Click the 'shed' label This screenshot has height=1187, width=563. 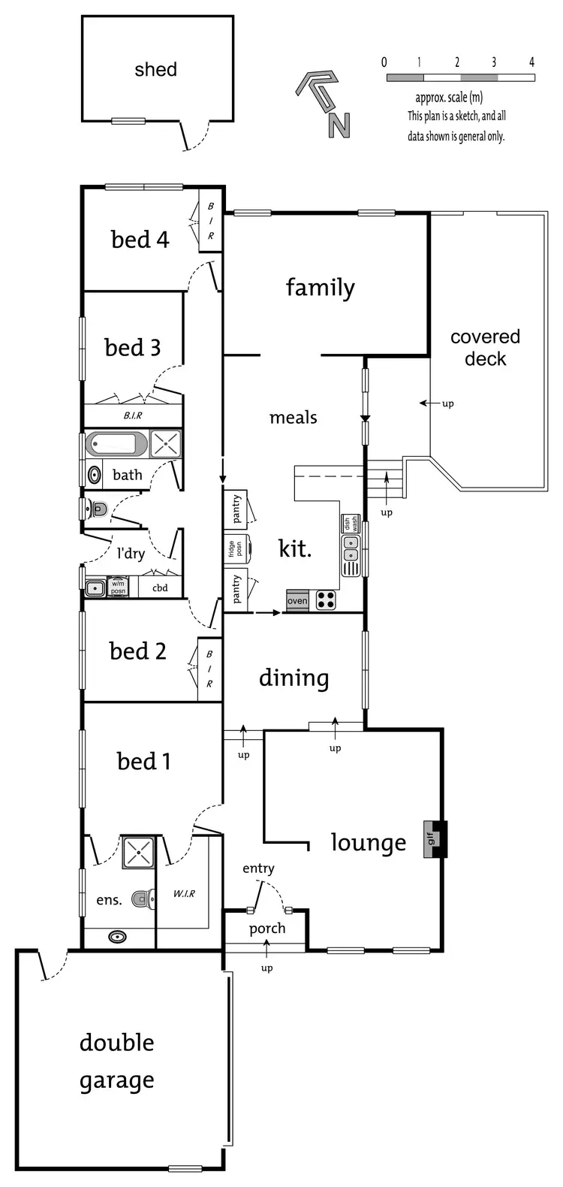point(155,70)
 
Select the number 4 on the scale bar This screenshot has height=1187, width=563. point(531,62)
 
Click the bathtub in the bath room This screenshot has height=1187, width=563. point(116,443)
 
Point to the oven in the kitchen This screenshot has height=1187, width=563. point(297,601)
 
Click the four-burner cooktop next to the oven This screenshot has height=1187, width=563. point(326,600)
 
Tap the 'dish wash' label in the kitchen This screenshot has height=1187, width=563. point(351,523)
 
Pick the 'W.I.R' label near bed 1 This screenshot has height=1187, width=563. point(184,893)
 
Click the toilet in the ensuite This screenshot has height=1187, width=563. point(143,898)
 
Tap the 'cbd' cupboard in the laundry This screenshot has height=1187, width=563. point(160,587)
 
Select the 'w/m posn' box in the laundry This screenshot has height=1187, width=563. point(118,587)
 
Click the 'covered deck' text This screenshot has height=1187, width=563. point(485,348)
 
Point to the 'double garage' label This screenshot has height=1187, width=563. point(117,1061)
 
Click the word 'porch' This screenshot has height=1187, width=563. point(267,929)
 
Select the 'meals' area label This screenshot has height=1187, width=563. point(293,418)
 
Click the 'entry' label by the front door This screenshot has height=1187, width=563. point(258,868)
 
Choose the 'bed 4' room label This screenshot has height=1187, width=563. point(140,240)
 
